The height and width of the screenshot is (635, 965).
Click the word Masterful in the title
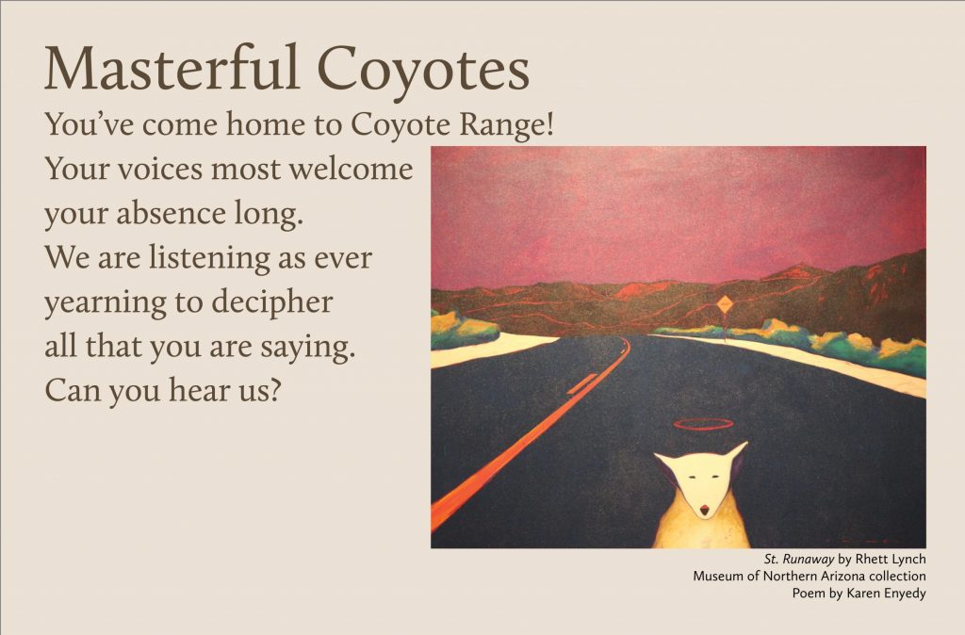point(172,68)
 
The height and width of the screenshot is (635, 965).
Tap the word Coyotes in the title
point(423,73)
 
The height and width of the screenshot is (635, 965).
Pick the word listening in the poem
point(209,258)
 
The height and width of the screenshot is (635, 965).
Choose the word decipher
point(272,302)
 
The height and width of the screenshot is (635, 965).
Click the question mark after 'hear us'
point(275,391)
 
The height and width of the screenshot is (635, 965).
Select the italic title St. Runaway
point(799,560)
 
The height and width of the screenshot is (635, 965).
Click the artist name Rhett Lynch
point(891,560)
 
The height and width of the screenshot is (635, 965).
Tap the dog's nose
point(704,509)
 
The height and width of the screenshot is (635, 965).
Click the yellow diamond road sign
point(726,303)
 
